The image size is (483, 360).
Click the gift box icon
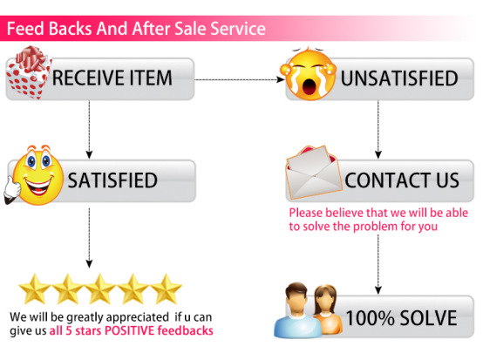(29, 72)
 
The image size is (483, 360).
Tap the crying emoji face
(309, 74)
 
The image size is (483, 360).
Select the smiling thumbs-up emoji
(34, 175)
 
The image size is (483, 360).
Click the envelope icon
(314, 173)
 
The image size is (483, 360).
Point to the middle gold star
(100, 289)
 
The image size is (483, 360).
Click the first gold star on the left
(35, 289)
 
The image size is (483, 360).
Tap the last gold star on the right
(166, 289)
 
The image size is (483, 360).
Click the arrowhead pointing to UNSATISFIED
(281, 80)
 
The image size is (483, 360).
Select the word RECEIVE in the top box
(86, 78)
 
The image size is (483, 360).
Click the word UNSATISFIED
(399, 78)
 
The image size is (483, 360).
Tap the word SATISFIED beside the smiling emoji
(112, 180)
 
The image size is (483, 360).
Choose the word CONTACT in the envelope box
(388, 180)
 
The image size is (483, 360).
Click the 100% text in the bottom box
(370, 317)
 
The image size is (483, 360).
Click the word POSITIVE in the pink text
(129, 330)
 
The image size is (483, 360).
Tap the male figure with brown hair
(297, 310)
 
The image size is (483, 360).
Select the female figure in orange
(327, 309)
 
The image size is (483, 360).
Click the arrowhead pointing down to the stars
(89, 263)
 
